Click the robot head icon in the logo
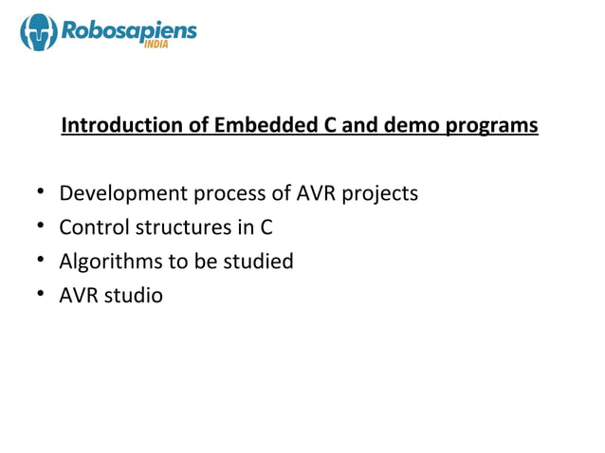pyautogui.click(x=39, y=33)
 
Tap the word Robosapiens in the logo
pyautogui.click(x=129, y=30)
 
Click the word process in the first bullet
pyautogui.click(x=231, y=194)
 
